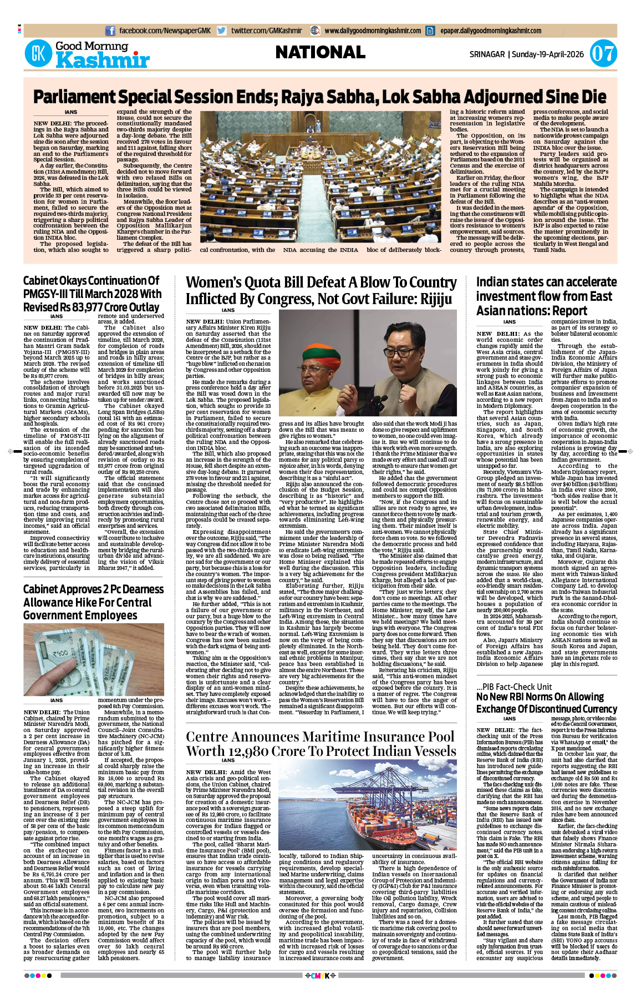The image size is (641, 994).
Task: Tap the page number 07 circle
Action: tap(603, 54)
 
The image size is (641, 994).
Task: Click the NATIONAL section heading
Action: tap(320, 53)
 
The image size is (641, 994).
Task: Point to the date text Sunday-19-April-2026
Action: tap(548, 54)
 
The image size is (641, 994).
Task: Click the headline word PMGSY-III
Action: tap(48, 294)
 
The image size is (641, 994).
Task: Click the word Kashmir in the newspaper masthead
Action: tap(103, 60)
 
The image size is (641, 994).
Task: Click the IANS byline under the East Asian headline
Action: tap(509, 322)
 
